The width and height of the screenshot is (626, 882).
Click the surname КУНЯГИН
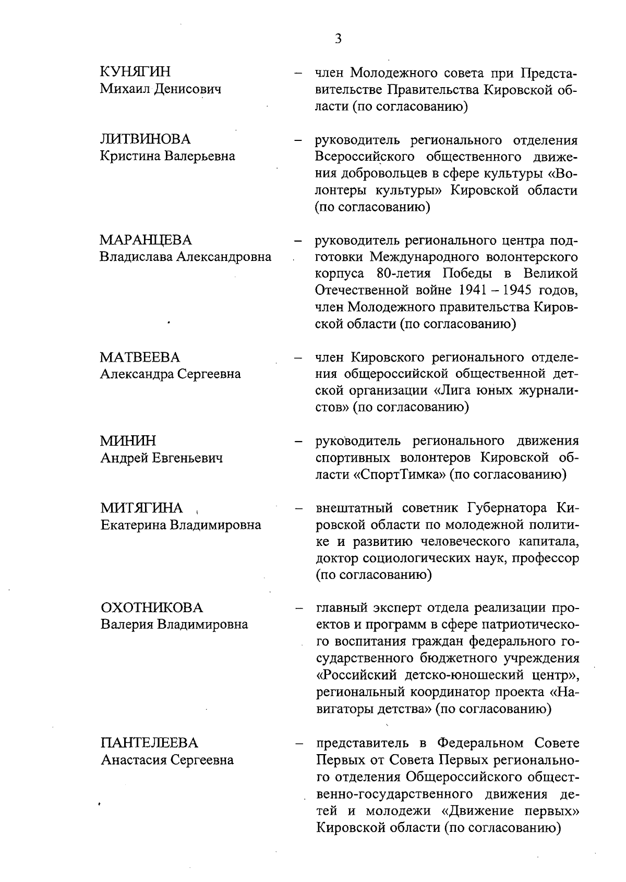[135, 72]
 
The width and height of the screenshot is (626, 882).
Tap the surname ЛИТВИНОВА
[146, 139]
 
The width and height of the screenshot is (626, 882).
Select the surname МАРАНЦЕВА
[146, 240]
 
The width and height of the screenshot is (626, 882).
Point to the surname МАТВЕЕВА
[140, 357]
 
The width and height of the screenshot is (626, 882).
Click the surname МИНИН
[127, 441]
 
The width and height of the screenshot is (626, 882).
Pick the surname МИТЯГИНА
[142, 508]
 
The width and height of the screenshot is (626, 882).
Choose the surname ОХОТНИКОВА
[152, 608]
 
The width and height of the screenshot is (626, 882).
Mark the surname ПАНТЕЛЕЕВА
[150, 743]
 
